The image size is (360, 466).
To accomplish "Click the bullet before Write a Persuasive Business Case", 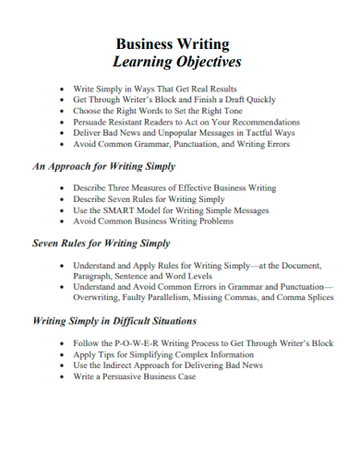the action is point(62,376).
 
